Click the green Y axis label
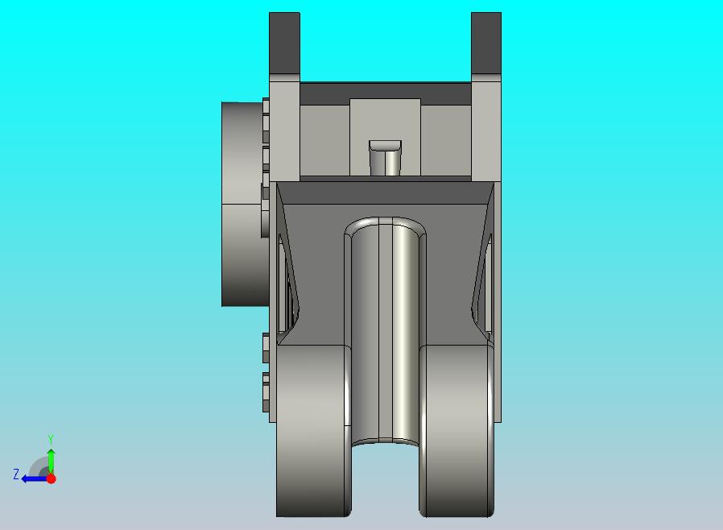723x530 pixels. (x=51, y=439)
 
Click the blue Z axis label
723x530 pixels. (x=15, y=474)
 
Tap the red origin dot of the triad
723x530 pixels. (x=51, y=478)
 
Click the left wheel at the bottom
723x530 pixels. (x=313, y=431)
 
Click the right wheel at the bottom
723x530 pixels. (x=455, y=431)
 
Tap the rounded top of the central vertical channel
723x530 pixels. (x=384, y=226)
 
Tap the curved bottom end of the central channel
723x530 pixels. (x=385, y=442)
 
